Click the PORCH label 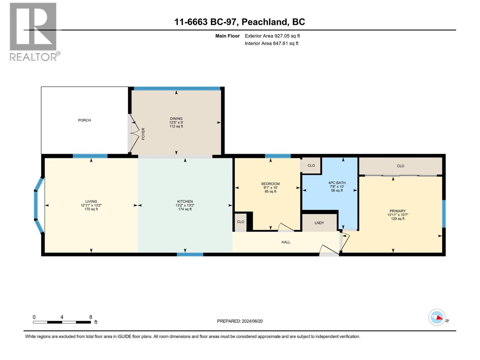(x=84, y=120)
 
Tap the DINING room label (x=176, y=118)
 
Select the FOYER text (x=143, y=134)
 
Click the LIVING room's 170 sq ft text (x=91, y=209)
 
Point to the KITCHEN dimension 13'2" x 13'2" (x=185, y=205)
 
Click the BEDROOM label (x=270, y=184)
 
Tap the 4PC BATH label (x=337, y=183)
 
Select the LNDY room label (x=319, y=223)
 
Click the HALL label (x=286, y=242)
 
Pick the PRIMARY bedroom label (x=397, y=211)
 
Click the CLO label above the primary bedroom (x=400, y=166)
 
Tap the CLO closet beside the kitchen (x=240, y=222)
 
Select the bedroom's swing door (x=286, y=227)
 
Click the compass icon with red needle (x=437, y=317)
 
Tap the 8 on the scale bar (x=91, y=317)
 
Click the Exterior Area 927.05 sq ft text (x=272, y=36)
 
